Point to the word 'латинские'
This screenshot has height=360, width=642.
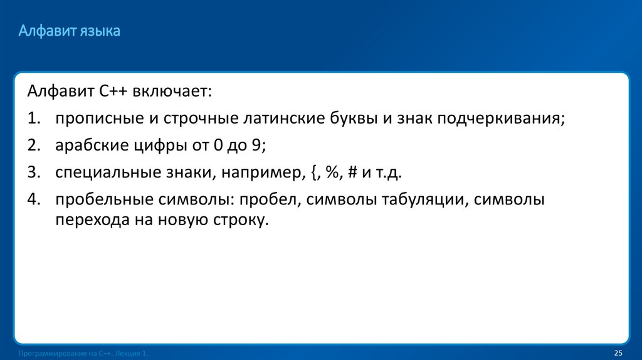click(x=280, y=119)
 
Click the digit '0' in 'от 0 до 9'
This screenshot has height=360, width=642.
click(x=218, y=146)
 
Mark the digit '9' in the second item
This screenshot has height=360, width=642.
click(x=256, y=146)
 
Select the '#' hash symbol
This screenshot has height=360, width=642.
click(x=352, y=173)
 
